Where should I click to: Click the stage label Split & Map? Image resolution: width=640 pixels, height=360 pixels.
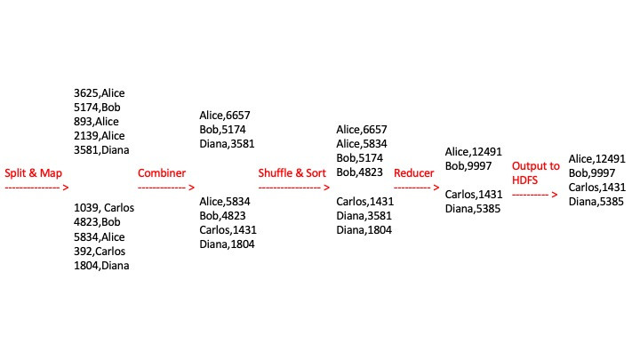[x=34, y=173]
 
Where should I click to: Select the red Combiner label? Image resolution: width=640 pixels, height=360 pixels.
[x=162, y=173]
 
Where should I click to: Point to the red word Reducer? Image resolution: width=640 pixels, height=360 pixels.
[x=414, y=173]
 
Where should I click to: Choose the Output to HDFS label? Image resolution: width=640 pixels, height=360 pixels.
[x=536, y=173]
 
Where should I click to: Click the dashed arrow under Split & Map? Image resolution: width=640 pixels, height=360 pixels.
[x=36, y=188]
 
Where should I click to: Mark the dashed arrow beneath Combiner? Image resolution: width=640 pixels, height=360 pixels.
[x=166, y=188]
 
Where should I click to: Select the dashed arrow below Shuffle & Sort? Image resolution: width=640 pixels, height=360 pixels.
[x=294, y=188]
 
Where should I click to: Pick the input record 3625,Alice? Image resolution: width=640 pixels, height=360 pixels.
[x=101, y=92]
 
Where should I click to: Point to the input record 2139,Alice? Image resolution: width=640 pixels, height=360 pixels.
[x=101, y=136]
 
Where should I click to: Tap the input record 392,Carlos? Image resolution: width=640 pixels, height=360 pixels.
[x=100, y=252]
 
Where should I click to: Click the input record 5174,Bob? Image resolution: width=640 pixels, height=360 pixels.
[x=97, y=107]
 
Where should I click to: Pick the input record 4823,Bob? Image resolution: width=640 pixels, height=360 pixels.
[x=97, y=222]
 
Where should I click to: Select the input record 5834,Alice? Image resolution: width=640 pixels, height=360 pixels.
[x=101, y=236]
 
